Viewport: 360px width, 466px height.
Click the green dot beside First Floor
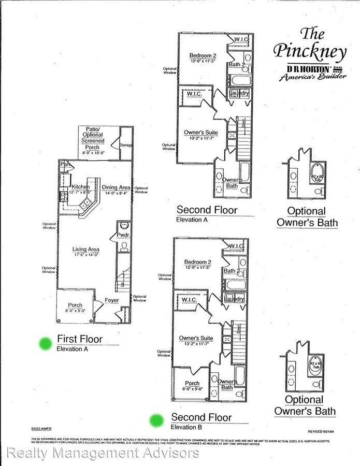[46, 343]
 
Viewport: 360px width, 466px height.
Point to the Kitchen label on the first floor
[81, 186]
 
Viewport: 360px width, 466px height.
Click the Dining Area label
[117, 188]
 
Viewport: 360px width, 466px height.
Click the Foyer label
[112, 300]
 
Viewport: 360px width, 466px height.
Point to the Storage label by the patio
[125, 145]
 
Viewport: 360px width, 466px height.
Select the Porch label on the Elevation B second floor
[192, 384]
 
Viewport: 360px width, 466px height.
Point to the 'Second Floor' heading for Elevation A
[207, 210]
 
